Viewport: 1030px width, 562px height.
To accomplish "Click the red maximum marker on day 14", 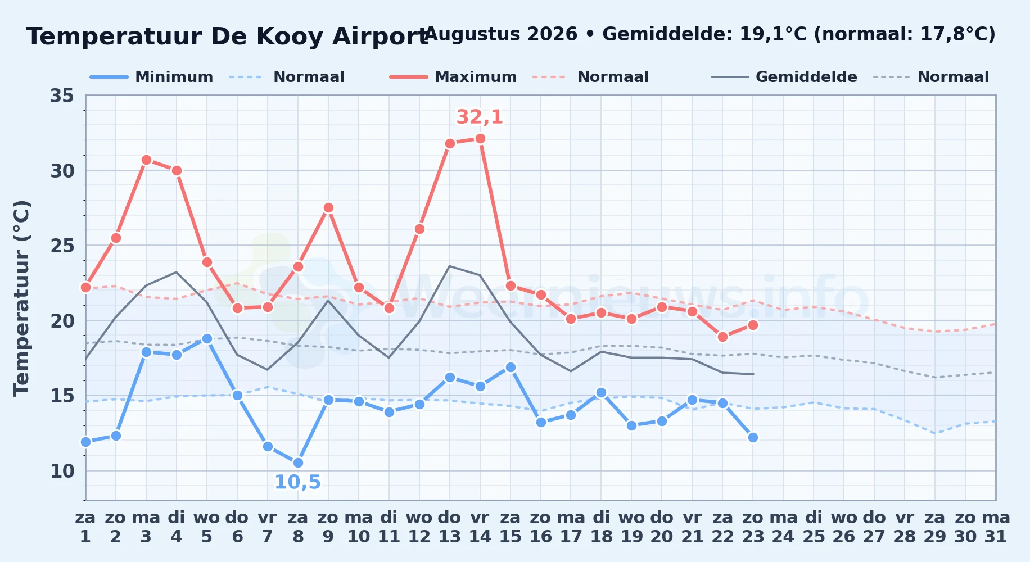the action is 480,138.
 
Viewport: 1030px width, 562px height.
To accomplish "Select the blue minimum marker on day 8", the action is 298,463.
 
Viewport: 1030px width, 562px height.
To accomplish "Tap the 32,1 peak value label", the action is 480,117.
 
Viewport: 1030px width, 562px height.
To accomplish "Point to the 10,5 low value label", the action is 297,482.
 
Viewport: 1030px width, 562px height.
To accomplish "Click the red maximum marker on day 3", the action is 146,160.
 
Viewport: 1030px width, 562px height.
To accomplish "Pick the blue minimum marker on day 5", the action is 207,338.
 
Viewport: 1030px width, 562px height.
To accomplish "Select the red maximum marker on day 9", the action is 328,207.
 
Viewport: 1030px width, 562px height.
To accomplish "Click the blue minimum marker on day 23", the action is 753,437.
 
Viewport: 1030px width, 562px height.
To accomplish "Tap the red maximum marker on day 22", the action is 722,337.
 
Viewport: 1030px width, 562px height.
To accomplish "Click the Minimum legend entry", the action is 152,77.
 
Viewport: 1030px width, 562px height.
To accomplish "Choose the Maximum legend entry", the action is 453,77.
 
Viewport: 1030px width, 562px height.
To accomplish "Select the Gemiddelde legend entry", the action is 784,77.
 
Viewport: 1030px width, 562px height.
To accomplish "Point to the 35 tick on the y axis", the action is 62,96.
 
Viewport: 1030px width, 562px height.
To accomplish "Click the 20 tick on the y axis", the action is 62,321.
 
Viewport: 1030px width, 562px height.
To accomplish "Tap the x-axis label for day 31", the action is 996,527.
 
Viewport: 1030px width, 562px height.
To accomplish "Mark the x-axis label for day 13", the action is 450,527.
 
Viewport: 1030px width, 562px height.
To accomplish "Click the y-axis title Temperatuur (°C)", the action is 22,298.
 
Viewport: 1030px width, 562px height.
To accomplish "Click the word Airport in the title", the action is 380,37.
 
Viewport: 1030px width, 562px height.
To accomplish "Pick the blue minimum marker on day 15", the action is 511,367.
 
